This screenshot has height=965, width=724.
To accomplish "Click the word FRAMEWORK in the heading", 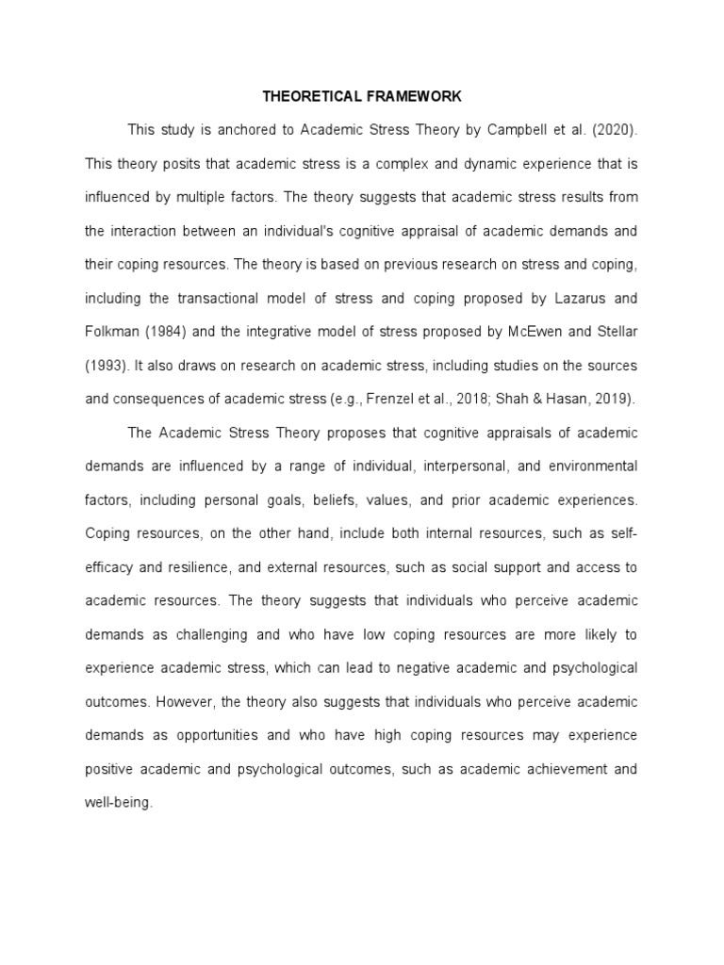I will tap(411, 96).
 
